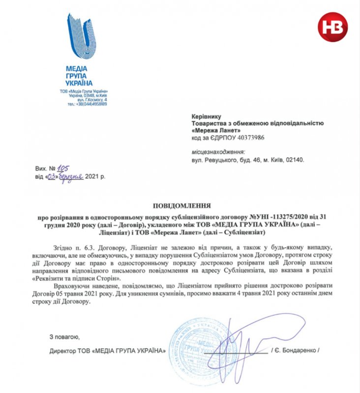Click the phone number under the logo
tap(88, 104)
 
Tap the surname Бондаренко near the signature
tap(297, 352)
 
